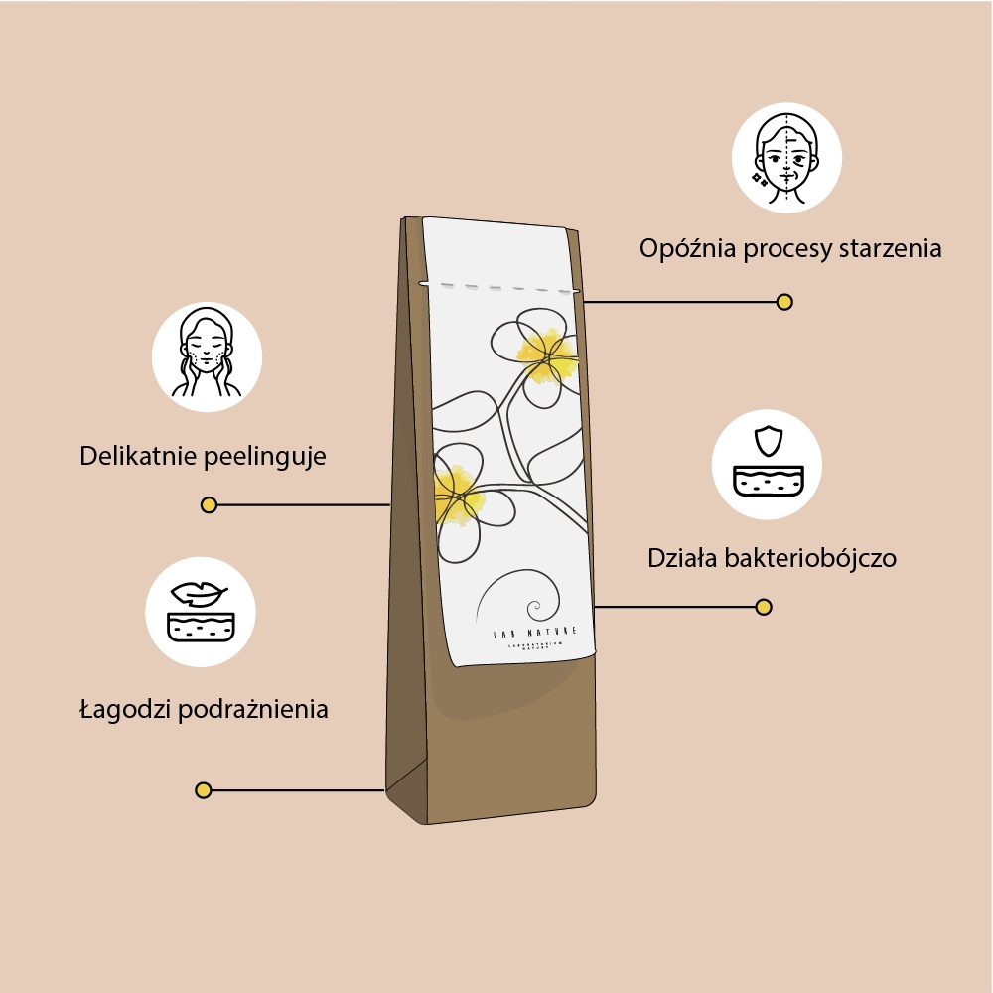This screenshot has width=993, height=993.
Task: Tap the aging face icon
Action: tap(786, 158)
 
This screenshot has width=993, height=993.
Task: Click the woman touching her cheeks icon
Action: tap(207, 356)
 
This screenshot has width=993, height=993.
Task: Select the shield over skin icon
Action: tap(767, 464)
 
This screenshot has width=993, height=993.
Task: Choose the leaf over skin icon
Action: tap(201, 612)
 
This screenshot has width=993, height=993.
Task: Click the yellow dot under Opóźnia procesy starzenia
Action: tap(784, 302)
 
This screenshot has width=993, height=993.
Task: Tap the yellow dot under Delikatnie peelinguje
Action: tap(209, 505)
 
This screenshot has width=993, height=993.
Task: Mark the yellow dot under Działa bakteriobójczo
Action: tap(764, 607)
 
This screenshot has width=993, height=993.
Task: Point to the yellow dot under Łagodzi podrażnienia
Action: tap(204, 790)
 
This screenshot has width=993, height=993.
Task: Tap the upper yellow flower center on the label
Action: tap(546, 353)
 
